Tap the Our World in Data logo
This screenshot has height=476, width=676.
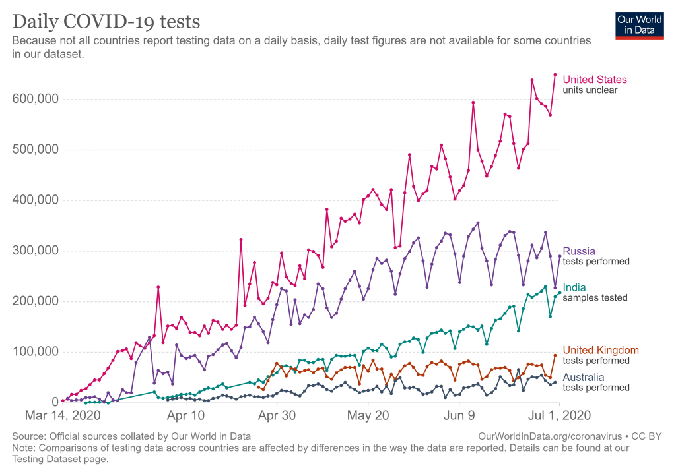point(639,25)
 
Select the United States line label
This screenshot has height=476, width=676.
point(594,80)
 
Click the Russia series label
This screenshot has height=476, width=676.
point(579,251)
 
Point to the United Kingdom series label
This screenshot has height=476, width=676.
point(600,350)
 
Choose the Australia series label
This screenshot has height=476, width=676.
point(583,377)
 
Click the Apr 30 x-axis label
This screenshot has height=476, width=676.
point(276,416)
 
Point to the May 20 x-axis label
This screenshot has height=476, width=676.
point(368,416)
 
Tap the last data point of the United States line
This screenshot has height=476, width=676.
point(555,74)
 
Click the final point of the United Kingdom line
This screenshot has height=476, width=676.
point(555,355)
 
